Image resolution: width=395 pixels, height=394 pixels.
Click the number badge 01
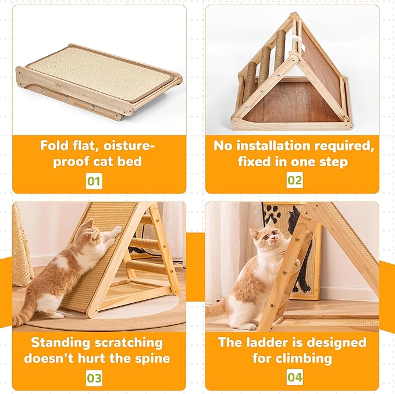(94, 180)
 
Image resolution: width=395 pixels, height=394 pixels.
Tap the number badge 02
(295, 180)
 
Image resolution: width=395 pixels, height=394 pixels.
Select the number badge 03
(94, 378)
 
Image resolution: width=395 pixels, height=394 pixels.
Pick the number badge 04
(295, 378)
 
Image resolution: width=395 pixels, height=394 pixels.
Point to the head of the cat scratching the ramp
(91, 231)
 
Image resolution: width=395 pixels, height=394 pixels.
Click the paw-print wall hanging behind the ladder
(291, 244)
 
